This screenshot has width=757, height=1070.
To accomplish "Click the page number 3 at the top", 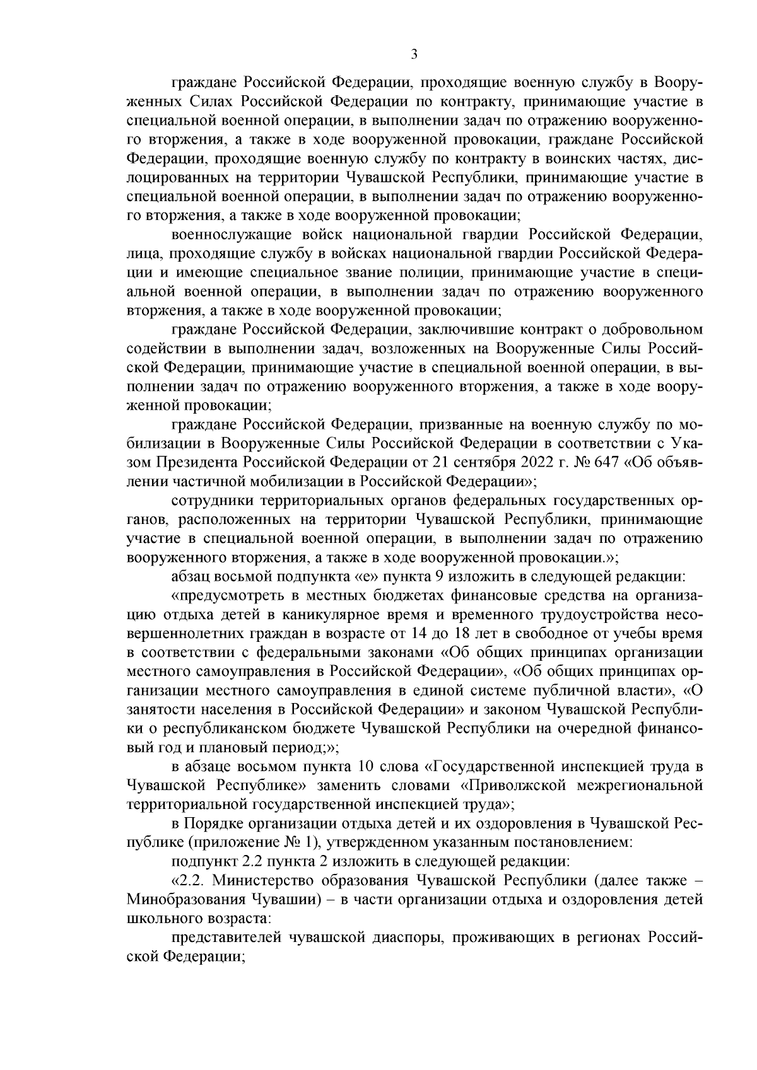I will [x=414, y=55].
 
